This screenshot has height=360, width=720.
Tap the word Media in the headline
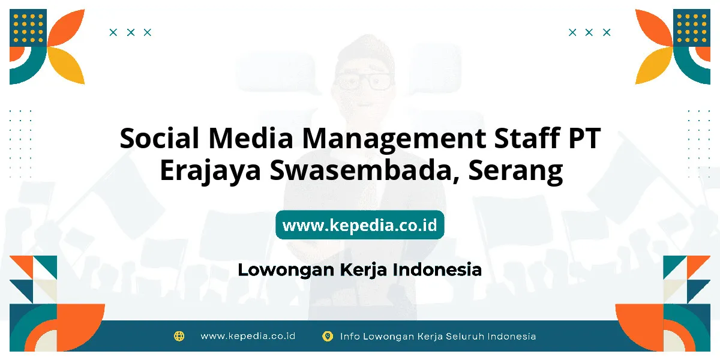click(251, 138)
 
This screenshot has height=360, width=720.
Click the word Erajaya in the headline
click(210, 172)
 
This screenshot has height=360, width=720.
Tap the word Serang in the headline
click(515, 172)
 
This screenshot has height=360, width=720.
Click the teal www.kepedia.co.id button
click(359, 224)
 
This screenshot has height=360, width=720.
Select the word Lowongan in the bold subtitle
click(286, 270)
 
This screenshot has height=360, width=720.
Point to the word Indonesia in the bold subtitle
click(437, 269)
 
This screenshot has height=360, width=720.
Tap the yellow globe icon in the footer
click(179, 336)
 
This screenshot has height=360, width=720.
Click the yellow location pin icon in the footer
click(327, 336)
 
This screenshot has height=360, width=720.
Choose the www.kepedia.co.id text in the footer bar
click(248, 336)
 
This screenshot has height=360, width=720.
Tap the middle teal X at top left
click(131, 32)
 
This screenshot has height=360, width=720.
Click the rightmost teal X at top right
click(607, 32)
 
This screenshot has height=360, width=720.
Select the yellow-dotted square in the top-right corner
click(692, 28)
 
